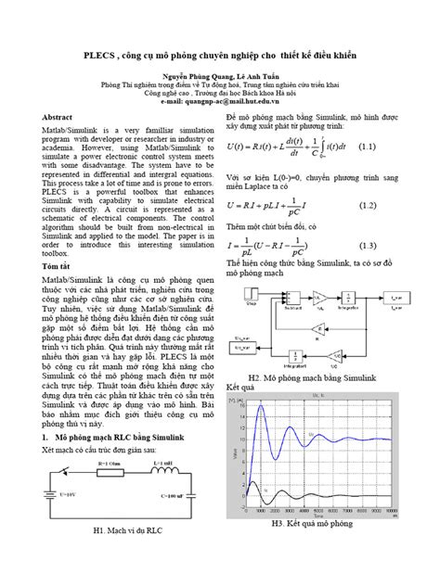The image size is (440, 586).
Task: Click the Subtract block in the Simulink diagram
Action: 285,300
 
